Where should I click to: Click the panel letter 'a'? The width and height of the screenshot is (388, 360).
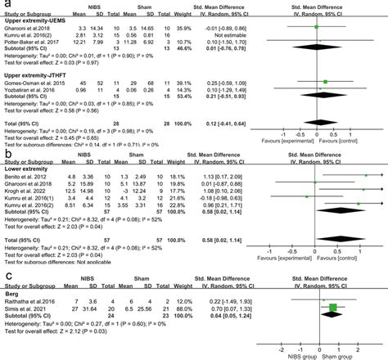point(7,5)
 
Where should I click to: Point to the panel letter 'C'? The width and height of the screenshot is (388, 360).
point(7,278)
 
